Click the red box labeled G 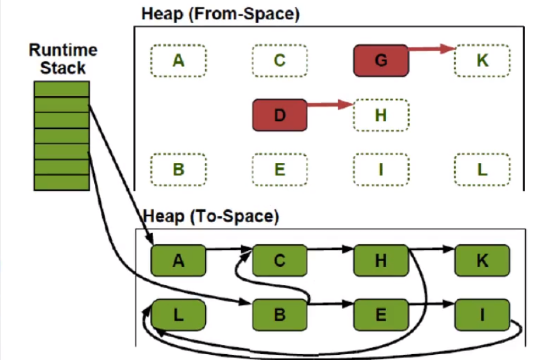(x=380, y=61)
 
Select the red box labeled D (x=280, y=114)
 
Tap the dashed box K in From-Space (x=482, y=61)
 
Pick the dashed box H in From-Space (x=381, y=115)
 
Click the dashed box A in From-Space (x=179, y=60)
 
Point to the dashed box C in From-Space (x=280, y=60)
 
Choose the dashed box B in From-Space (x=179, y=169)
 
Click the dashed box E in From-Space (x=280, y=169)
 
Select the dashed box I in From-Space (x=381, y=169)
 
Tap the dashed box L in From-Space (x=482, y=169)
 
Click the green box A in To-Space (x=179, y=261)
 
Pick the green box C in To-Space (x=280, y=261)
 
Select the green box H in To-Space (x=381, y=261)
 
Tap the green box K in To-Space (x=482, y=261)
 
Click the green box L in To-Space (x=179, y=316)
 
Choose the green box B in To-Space (x=280, y=316)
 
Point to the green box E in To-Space (x=381, y=316)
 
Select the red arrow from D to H (x=330, y=105)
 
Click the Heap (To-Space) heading (x=210, y=217)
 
